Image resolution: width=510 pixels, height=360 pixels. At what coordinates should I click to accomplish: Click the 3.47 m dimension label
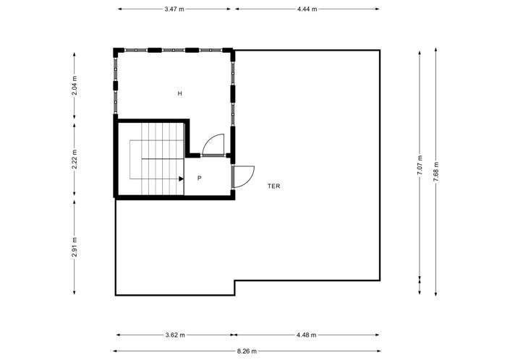174,9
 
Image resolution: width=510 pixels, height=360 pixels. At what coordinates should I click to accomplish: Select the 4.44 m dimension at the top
307,9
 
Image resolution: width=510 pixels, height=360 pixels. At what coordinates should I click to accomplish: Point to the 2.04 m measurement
75,86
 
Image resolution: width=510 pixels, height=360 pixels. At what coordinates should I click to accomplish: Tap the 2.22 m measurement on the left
75,160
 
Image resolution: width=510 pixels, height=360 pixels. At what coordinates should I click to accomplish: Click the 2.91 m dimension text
75,247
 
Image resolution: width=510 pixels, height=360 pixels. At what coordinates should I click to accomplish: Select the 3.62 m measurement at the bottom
174,335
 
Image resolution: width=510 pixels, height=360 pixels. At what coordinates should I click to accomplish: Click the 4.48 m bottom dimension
307,335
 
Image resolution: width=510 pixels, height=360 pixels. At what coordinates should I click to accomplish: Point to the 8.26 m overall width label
247,351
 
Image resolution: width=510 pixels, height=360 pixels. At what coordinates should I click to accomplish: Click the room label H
179,94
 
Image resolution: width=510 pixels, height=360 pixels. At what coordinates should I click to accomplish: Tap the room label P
198,177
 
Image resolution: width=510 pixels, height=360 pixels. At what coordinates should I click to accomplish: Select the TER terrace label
273,186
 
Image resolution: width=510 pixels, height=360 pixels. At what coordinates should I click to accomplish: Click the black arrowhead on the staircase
181,177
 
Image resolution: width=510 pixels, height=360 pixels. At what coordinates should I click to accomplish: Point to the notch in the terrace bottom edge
234,288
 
